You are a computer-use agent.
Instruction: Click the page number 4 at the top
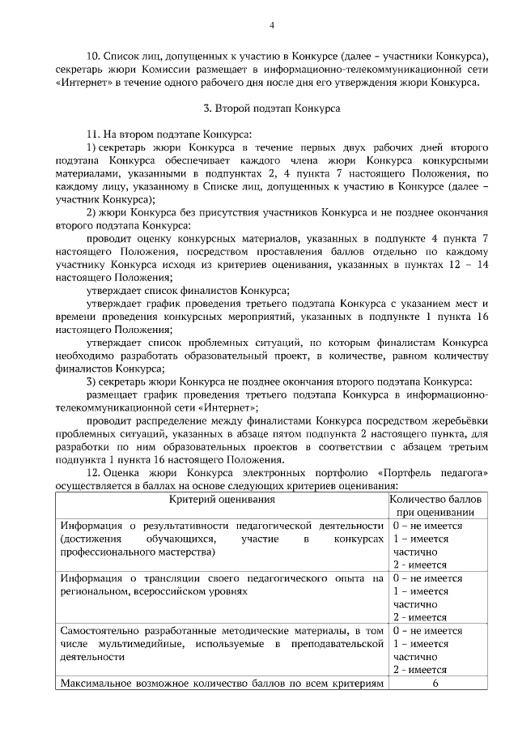click(x=271, y=25)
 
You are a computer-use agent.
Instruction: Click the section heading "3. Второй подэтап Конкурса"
click(x=271, y=107)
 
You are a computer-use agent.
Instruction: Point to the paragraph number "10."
click(x=91, y=55)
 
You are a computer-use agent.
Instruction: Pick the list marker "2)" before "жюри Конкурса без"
click(x=91, y=212)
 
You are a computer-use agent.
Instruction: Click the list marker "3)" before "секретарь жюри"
click(x=91, y=382)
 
